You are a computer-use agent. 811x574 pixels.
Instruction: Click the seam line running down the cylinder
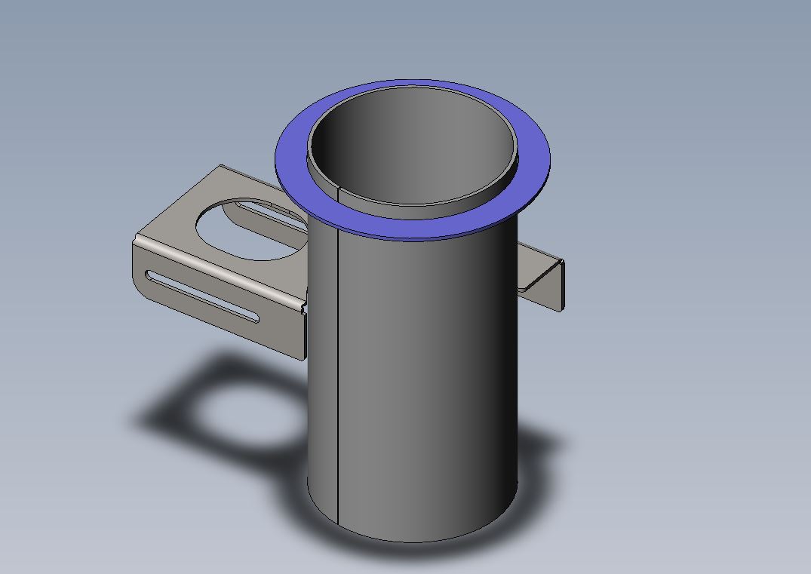coord(336,377)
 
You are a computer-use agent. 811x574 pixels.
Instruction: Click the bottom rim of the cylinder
coord(415,539)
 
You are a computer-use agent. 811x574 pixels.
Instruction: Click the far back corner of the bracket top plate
coord(220,167)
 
